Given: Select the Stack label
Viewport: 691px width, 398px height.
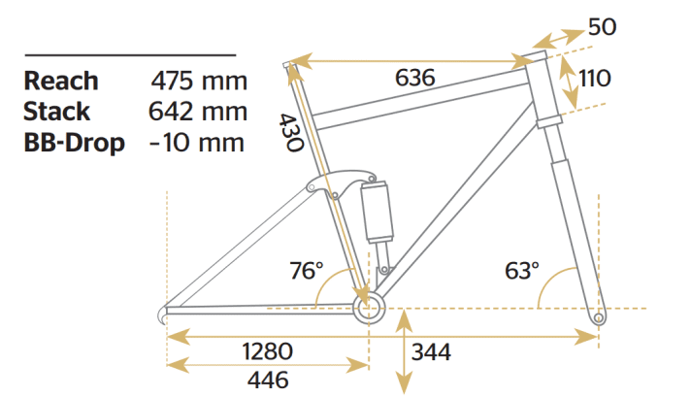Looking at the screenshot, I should tap(57, 112).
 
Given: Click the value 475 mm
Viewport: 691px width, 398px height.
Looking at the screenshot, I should tap(198, 81).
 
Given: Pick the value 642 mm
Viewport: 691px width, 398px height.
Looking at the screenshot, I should tap(198, 112).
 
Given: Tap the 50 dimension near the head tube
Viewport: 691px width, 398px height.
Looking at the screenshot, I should tap(602, 26).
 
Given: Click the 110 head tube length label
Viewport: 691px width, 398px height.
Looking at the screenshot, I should tap(594, 78).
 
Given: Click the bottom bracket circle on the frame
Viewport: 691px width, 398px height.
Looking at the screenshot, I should tap(369, 310).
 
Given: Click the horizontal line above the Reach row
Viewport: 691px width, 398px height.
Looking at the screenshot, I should tap(130, 55).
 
